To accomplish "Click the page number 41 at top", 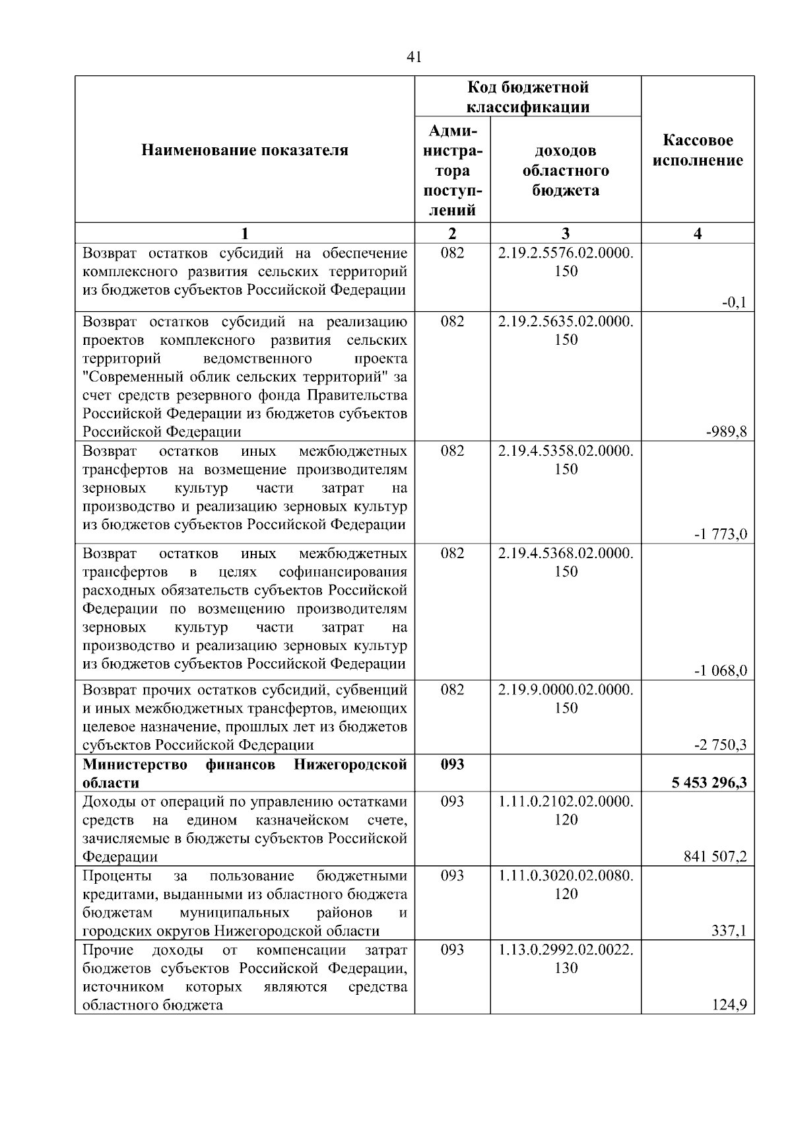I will click(x=414, y=57).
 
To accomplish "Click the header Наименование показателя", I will click(x=244, y=151).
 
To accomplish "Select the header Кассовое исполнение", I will click(x=698, y=151).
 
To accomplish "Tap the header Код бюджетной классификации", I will click(x=527, y=97).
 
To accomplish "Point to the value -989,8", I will click(x=726, y=432).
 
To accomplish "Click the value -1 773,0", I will click(x=720, y=534).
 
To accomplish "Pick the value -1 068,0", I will click(x=720, y=671).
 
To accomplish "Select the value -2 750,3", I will click(x=720, y=745).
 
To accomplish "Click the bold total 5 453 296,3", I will click(x=709, y=783).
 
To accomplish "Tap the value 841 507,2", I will click(x=715, y=857).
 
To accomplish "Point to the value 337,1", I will click(x=729, y=931).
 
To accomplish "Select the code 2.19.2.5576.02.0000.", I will click(x=566, y=254).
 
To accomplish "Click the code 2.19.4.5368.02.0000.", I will click(x=566, y=553).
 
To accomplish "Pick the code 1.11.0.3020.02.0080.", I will click(x=566, y=876).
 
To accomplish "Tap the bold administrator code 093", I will click(x=452, y=764).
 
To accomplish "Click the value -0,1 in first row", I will click(x=733, y=303).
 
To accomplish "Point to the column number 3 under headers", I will click(x=566, y=233).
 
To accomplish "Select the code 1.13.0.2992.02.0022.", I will click(x=566, y=950).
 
